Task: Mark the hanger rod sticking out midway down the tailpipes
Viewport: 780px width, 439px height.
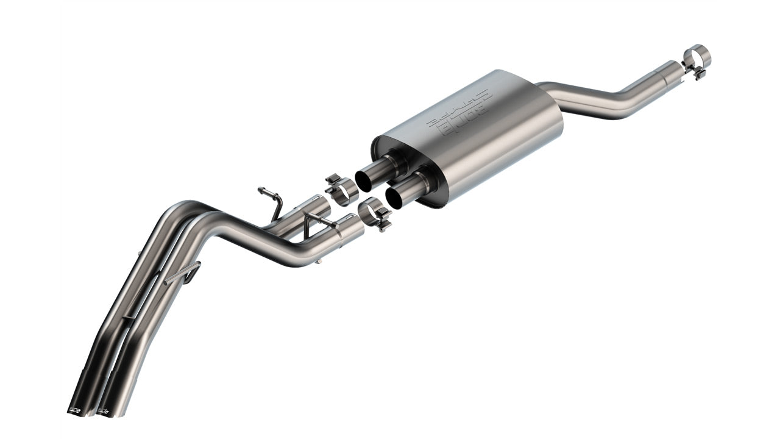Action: [x=183, y=274]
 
